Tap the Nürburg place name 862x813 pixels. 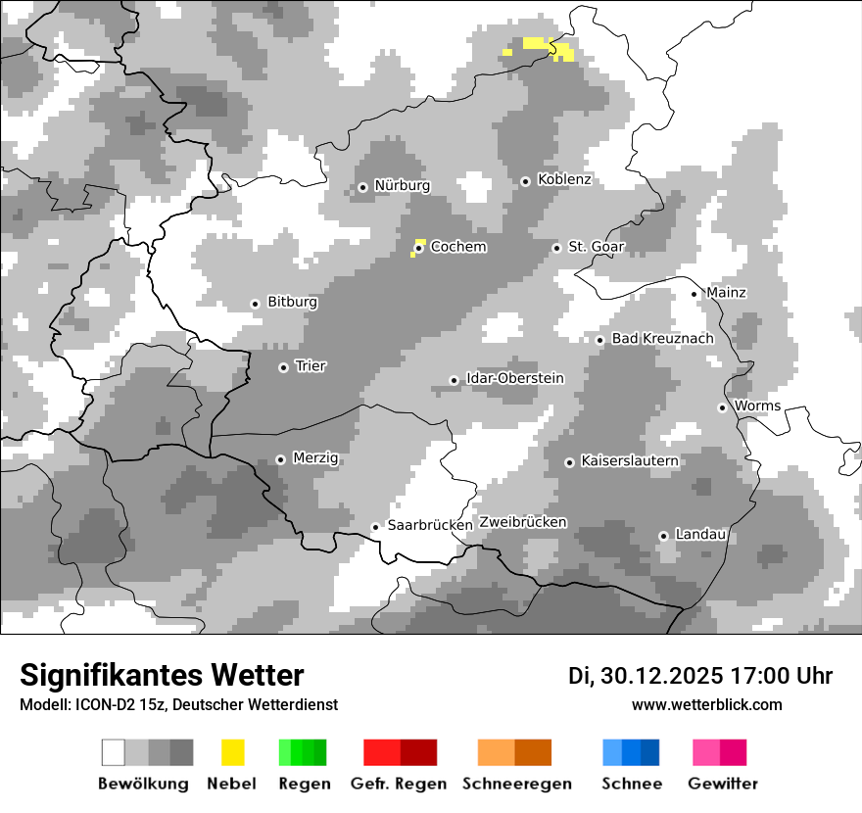(x=402, y=185)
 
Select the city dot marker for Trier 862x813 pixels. (x=283, y=367)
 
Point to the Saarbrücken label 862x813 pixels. (x=430, y=525)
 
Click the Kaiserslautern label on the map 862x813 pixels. (x=630, y=460)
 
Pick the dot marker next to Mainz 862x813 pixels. (x=694, y=293)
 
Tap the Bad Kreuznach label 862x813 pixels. (x=662, y=338)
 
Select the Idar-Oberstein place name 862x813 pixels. (x=515, y=378)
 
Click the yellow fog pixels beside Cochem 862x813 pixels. (x=419, y=242)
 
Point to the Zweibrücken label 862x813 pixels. (x=523, y=522)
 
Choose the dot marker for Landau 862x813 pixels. (x=663, y=536)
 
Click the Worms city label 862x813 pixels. (x=757, y=406)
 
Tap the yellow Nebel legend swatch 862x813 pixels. (x=232, y=752)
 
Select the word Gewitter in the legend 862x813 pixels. (x=723, y=784)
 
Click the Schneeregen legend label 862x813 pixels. (x=517, y=784)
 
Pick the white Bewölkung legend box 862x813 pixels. (x=114, y=752)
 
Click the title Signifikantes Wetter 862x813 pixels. (x=162, y=676)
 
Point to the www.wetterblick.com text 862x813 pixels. (x=706, y=704)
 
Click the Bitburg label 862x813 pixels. (x=292, y=302)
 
